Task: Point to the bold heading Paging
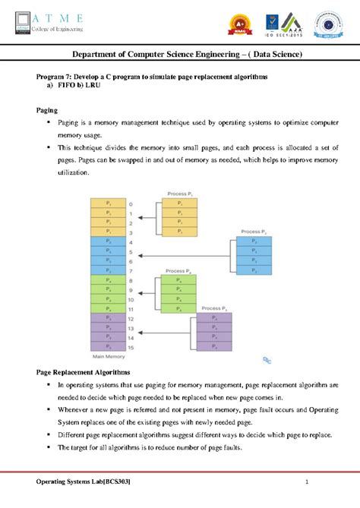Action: pyautogui.click(x=49, y=110)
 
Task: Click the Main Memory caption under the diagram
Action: pyautogui.click(x=109, y=355)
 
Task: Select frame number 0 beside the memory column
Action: pyautogui.click(x=130, y=204)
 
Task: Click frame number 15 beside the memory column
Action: pyautogui.click(x=131, y=346)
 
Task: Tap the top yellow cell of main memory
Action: pyautogui.click(x=109, y=204)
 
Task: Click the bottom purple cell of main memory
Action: pyautogui.click(x=109, y=346)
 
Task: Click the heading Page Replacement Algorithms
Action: pyautogui.click(x=84, y=373)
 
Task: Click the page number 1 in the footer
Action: pyautogui.click(x=308, y=484)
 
